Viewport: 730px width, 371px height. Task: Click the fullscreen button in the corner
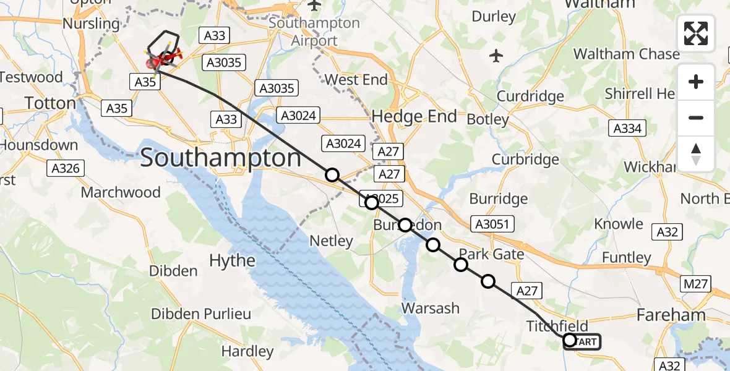696,33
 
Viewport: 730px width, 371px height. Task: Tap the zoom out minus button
696,117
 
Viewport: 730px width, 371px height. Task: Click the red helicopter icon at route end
167,59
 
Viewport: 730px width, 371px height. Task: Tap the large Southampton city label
221,158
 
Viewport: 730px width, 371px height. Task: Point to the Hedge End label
414,116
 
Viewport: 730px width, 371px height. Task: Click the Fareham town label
671,315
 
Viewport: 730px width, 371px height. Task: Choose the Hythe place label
232,260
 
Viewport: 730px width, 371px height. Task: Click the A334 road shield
627,129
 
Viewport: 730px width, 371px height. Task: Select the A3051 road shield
489,224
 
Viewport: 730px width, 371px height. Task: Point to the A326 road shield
66,168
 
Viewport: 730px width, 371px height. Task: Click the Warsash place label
431,308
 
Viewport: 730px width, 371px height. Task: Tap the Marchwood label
121,192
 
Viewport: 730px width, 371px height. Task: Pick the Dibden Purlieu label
201,314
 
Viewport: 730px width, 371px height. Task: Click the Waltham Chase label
626,54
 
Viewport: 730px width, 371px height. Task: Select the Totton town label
49,103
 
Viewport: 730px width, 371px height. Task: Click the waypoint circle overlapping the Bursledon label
405,225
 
